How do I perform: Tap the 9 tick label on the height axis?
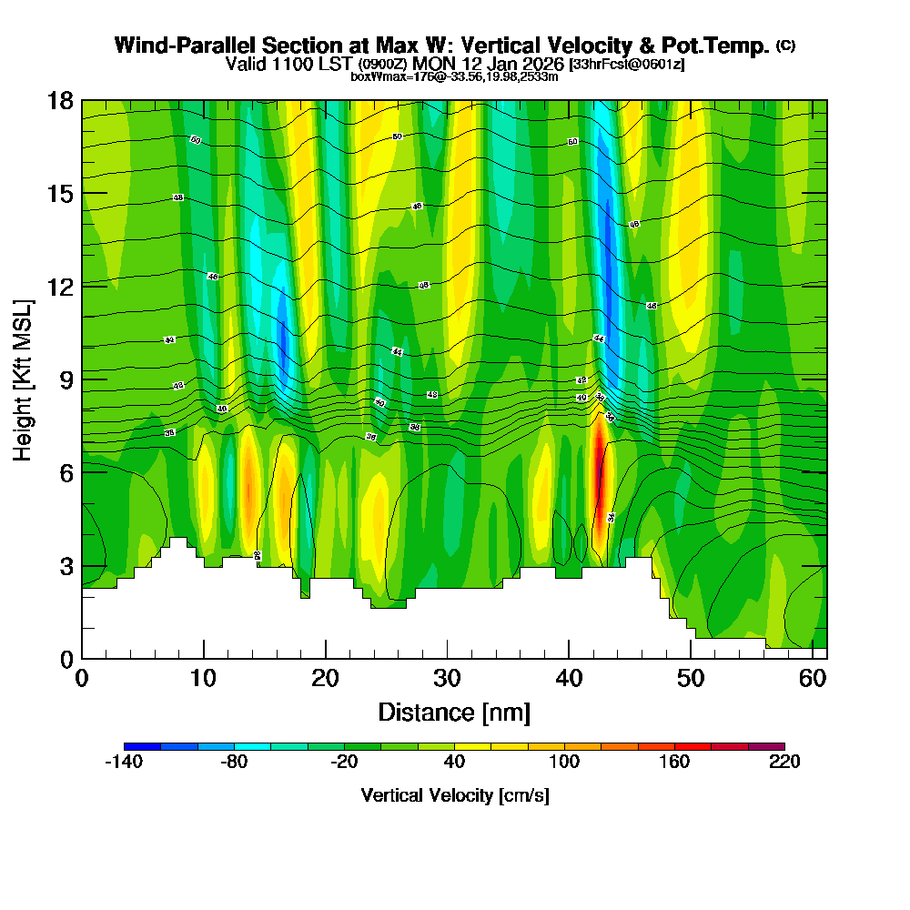point(66,379)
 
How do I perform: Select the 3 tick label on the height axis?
point(66,566)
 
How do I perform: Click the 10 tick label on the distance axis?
point(204,679)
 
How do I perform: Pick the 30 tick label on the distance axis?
point(447,679)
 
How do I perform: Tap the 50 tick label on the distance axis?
point(691,679)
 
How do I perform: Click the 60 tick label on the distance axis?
point(813,679)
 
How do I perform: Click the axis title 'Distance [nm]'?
point(454,712)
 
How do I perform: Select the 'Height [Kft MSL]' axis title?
point(23,379)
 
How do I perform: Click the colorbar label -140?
point(124,763)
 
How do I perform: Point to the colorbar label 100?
point(564,763)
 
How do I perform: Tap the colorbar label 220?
point(784,763)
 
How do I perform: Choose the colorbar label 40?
point(454,763)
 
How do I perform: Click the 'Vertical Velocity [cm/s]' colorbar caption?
point(454,795)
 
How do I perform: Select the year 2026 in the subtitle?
point(538,64)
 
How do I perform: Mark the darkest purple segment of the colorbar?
point(765,746)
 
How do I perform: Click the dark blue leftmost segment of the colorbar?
point(142,746)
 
